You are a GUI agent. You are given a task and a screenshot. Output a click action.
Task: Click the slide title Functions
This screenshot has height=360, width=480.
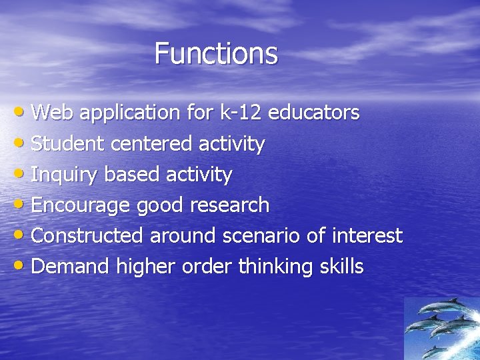tap(216, 53)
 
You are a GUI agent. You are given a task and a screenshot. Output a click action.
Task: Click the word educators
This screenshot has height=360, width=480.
tap(314, 113)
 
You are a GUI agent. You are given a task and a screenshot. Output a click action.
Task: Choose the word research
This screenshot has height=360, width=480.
tap(229, 205)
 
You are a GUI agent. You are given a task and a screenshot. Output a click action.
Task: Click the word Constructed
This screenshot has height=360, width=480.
tap(87, 236)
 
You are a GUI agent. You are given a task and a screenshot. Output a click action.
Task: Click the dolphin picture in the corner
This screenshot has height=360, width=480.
tap(441, 328)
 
